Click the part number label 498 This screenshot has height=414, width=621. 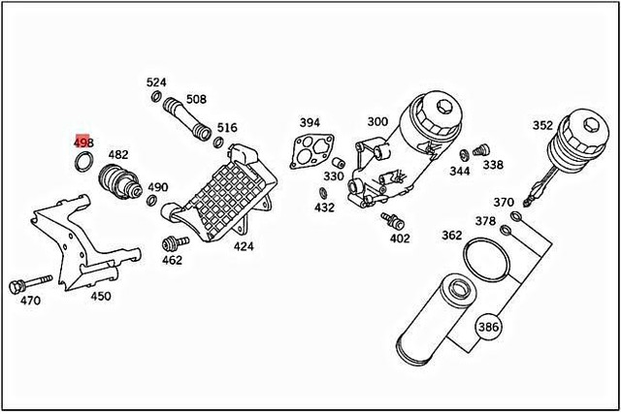pos(83,143)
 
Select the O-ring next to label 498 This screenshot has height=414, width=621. pos(85,160)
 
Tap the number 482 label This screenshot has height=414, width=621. pos(117,155)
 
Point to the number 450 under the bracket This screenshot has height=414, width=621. pos(100,297)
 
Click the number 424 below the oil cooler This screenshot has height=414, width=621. pos(243,246)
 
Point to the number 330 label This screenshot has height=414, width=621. pos(334,176)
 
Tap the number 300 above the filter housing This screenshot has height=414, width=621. pos(376,122)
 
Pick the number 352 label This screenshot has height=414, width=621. pos(543,124)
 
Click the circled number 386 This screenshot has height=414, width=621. pos(488,327)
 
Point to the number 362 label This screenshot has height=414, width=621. pos(451,235)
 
